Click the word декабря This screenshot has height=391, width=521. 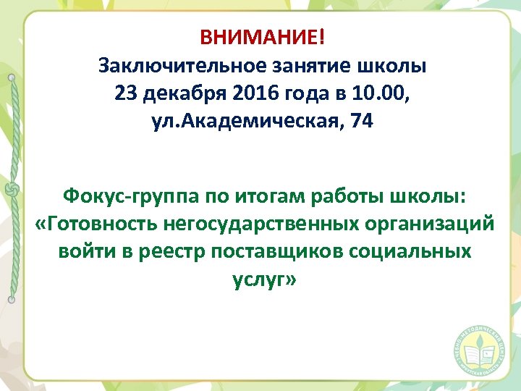tap(178, 94)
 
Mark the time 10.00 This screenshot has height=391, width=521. tap(386, 94)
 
